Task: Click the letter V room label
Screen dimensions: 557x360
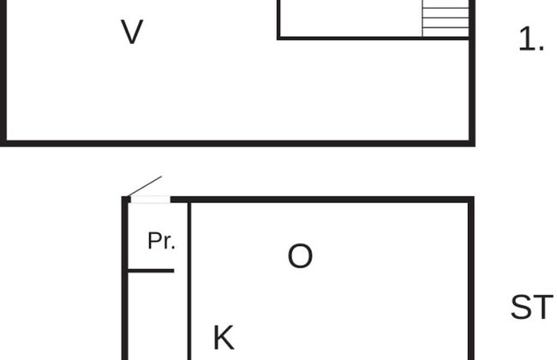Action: point(132,32)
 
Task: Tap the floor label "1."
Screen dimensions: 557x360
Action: point(531,39)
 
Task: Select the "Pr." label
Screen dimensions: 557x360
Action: point(161,241)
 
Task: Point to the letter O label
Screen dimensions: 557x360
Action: point(300,255)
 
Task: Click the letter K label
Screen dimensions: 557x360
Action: point(224,337)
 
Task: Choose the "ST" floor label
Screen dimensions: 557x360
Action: point(532,307)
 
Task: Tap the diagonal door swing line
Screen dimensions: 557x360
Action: point(144,186)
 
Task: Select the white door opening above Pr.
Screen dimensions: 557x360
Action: point(151,200)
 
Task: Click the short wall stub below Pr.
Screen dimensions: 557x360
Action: point(151,271)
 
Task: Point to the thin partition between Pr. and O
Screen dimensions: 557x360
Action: point(189,281)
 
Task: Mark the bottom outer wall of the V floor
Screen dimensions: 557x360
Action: point(237,143)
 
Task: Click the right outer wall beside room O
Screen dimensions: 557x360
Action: point(471,279)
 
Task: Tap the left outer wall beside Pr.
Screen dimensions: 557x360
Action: point(125,279)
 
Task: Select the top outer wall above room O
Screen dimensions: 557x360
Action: point(322,200)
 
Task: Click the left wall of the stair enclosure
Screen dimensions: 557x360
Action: point(278,20)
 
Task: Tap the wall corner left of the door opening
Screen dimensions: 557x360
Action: point(126,200)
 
